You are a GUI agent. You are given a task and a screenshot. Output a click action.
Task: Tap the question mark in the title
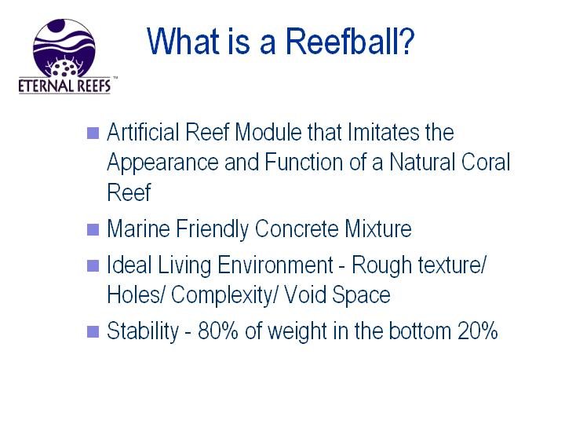point(407,41)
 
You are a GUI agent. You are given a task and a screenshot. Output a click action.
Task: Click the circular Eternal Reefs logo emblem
point(64,48)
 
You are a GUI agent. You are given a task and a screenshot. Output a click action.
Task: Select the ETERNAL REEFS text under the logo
point(64,86)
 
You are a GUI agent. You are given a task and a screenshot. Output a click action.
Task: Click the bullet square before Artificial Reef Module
point(93,133)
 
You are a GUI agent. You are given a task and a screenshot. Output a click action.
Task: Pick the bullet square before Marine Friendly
point(93,229)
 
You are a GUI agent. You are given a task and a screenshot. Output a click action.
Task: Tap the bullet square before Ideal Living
point(93,265)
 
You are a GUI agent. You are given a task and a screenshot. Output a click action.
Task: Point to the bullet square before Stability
point(93,331)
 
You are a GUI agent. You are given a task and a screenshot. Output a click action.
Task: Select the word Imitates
point(384,132)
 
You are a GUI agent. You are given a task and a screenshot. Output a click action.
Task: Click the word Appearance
point(163,163)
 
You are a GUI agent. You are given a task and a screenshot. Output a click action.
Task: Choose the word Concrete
point(297,228)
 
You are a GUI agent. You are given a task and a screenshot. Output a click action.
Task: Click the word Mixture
point(378,228)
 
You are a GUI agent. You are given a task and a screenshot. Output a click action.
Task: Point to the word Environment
point(275,265)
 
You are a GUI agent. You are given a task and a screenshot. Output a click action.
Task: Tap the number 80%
point(218,331)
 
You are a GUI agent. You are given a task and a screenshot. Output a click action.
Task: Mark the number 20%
point(478,331)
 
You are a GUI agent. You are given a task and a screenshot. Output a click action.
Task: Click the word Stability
point(143,331)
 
